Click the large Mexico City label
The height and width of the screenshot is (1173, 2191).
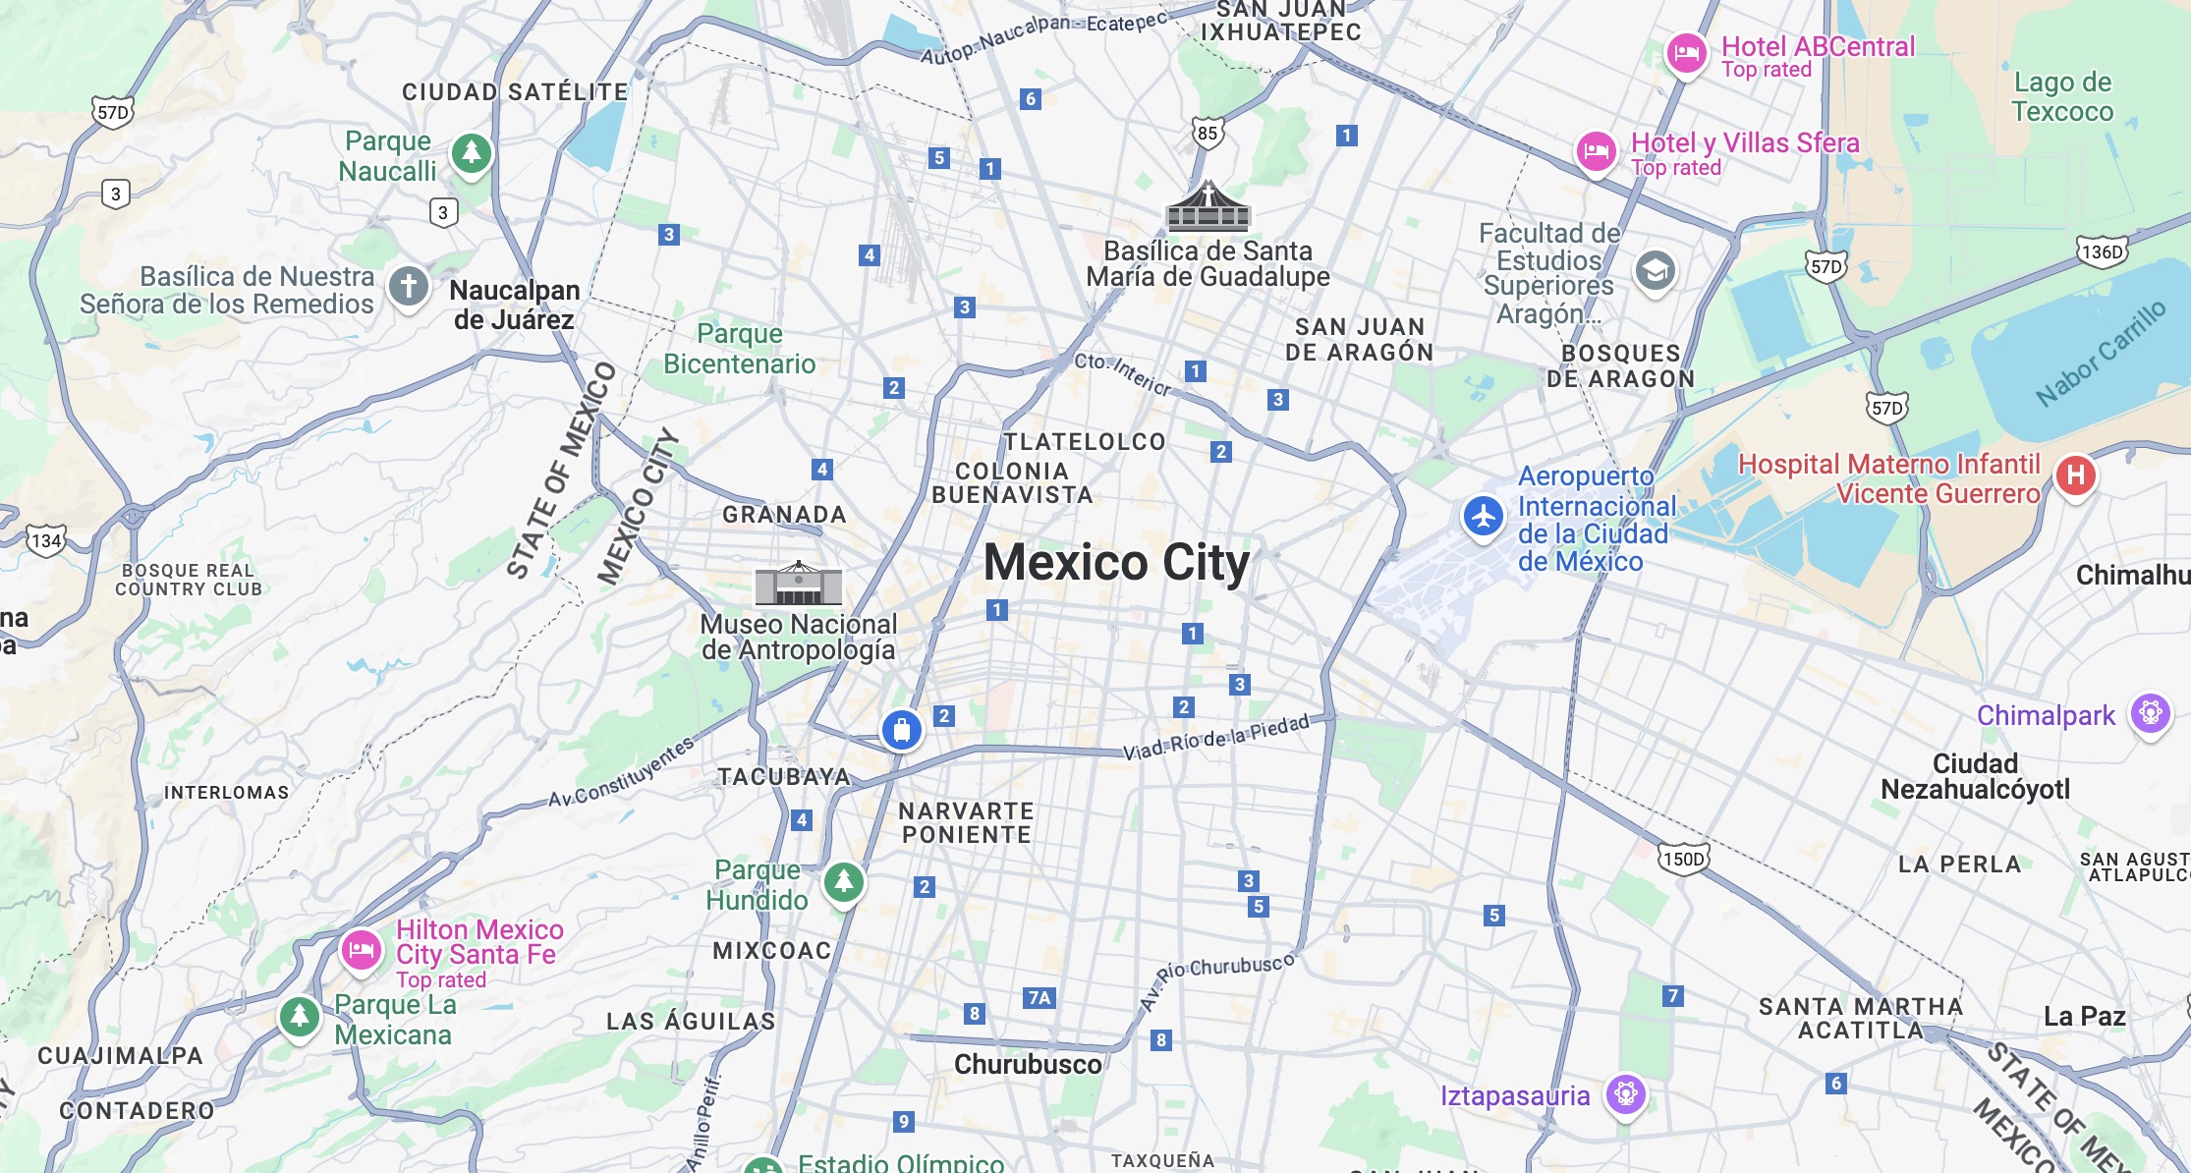pos(1116,563)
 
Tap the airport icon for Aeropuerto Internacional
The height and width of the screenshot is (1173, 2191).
pos(1484,516)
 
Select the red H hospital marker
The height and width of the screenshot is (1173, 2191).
pos(2075,475)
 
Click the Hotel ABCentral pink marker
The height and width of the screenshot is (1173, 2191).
pos(1686,53)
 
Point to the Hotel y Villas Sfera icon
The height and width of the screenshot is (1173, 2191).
pos(1597,151)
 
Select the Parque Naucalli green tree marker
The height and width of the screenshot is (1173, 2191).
pos(472,153)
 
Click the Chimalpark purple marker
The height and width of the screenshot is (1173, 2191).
pos(2150,713)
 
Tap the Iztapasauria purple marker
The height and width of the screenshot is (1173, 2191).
pos(1626,1093)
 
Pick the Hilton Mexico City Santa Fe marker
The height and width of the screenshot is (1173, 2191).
pos(361,950)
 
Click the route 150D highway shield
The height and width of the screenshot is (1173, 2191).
pos(1684,860)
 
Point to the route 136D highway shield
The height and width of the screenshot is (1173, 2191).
pos(2102,251)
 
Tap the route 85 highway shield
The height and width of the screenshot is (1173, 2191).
pos(1208,134)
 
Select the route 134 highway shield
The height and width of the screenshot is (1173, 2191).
pos(45,541)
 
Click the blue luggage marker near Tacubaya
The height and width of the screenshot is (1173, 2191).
pos(901,730)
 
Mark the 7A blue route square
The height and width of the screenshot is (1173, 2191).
pos(1039,998)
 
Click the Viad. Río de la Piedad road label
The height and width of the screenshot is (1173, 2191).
pos(1216,737)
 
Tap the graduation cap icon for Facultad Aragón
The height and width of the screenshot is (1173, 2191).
pos(1656,270)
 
